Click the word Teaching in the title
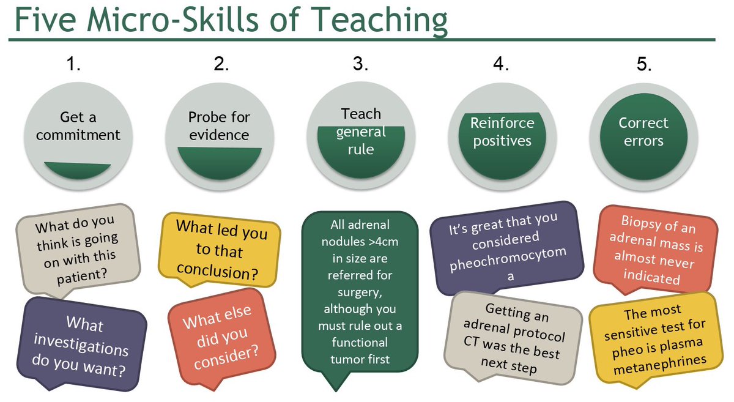click(380, 20)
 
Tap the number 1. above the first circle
click(73, 64)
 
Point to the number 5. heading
click(644, 64)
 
